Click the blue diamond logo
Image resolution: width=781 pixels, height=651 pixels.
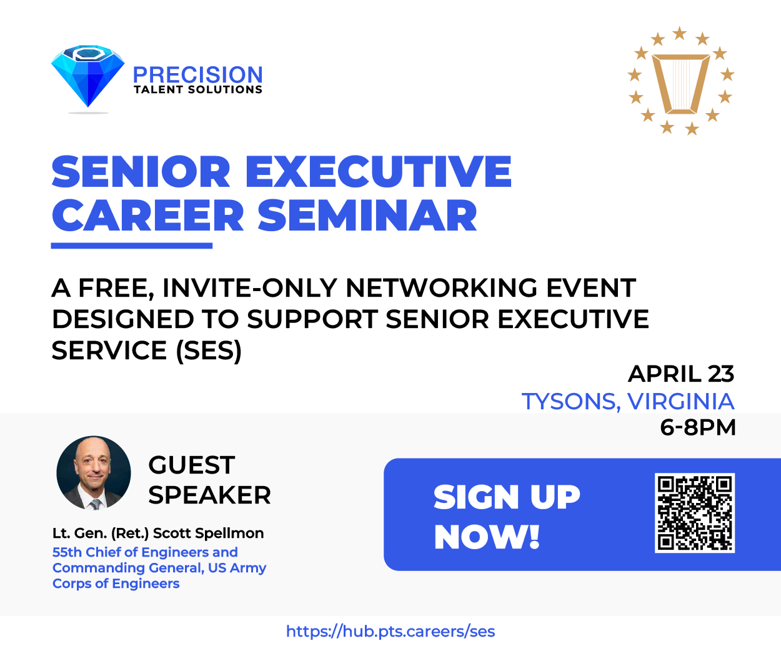point(88,76)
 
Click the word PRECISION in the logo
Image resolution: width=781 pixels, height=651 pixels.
point(198,75)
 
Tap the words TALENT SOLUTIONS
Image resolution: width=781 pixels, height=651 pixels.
point(198,90)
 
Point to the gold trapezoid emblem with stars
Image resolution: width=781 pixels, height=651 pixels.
point(681,81)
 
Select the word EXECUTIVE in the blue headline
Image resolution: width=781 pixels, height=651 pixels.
point(378,171)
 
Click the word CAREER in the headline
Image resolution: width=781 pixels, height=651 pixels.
point(147,216)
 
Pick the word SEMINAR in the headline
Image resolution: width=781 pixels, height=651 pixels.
point(367,216)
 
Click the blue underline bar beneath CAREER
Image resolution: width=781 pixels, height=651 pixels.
point(132,246)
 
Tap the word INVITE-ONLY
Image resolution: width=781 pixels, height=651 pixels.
point(249,288)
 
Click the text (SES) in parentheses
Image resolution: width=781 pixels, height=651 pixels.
point(209,350)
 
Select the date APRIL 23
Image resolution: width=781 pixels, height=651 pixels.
point(681,374)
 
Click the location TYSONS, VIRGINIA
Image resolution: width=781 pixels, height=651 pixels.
point(628,402)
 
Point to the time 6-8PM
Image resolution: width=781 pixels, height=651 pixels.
point(698,427)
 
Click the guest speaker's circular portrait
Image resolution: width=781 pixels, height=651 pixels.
point(94,473)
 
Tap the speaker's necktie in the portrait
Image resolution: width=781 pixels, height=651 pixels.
point(96,504)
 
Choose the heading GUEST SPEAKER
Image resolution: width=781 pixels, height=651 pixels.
point(209,480)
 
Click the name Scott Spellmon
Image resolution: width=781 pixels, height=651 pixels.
point(208,533)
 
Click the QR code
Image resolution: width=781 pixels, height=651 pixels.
point(695,513)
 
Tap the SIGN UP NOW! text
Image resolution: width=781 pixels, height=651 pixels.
point(507,517)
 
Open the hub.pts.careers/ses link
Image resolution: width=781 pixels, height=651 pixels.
point(390,632)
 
